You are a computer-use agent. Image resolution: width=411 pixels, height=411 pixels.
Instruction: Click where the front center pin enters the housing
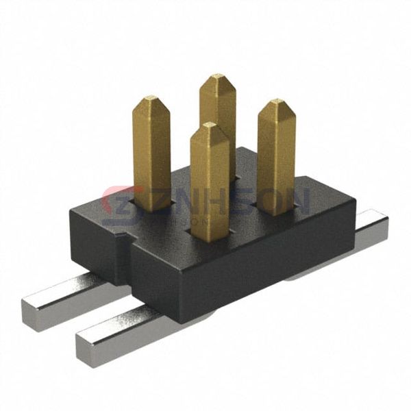tap(210, 236)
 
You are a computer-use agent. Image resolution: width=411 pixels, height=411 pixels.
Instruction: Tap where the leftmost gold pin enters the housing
tap(151, 206)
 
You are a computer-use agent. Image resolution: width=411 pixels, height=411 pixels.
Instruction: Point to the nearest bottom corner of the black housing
tap(179, 321)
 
